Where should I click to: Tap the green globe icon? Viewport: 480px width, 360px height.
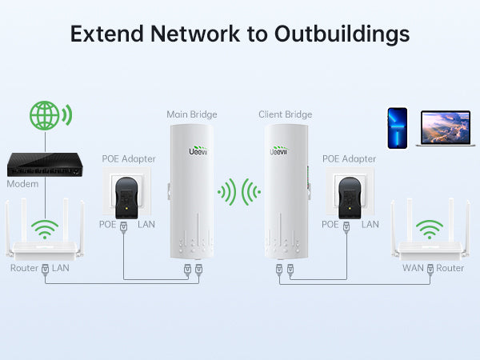click(x=46, y=115)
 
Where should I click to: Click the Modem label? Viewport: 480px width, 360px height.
click(x=22, y=184)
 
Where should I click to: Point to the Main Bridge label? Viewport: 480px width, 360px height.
click(x=192, y=114)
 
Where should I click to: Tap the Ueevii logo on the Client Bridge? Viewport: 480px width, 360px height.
click(x=278, y=150)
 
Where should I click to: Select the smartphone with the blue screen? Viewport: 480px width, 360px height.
click(x=398, y=128)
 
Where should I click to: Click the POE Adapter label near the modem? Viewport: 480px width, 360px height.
click(x=129, y=158)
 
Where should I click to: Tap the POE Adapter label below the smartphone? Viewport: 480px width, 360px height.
click(x=349, y=158)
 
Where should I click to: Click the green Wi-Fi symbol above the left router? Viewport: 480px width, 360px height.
click(x=46, y=230)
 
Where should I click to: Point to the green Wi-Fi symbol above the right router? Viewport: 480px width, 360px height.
click(x=431, y=230)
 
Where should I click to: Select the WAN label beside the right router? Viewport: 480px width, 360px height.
click(x=414, y=268)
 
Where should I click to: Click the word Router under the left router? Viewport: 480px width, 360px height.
click(x=23, y=268)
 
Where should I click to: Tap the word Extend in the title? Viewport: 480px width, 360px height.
click(x=103, y=34)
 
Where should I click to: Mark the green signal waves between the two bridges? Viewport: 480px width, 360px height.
click(x=239, y=192)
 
